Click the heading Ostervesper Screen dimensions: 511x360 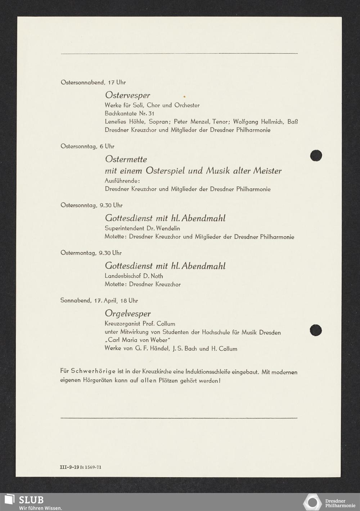pos(127,95)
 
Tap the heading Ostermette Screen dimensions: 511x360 pos(126,159)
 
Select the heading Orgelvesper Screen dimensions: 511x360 pos(128,313)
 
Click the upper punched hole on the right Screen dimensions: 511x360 pos(316,155)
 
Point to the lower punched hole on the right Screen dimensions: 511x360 pos(316,330)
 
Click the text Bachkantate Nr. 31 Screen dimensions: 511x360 pos(129,113)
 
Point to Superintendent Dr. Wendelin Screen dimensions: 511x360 pos(142,228)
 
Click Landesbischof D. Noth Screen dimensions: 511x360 pos(134,276)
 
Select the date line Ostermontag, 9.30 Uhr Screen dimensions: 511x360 pos(91,253)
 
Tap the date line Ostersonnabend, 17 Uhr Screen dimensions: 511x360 pos(93,82)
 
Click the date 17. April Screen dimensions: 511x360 pos(105,300)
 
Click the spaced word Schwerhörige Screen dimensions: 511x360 pos(93,372)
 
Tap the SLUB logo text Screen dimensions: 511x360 pos(31,500)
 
